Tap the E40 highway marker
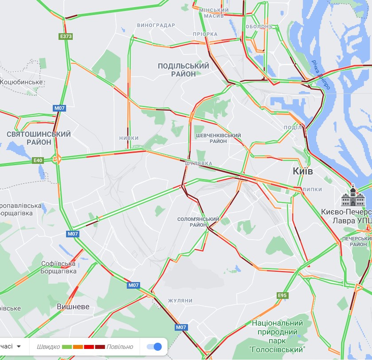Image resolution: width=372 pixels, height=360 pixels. pos(38,160)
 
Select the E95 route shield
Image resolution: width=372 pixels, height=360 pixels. pos(282,295)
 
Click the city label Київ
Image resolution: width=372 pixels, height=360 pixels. pos(303,171)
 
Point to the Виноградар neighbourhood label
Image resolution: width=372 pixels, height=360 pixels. pos(156,25)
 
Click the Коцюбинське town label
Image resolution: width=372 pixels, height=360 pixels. pos(21,82)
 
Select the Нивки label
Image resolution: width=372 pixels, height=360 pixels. pos(129,138)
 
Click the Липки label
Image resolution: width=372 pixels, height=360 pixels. pos(313,190)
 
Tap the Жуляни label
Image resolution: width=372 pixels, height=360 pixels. pos(180,301)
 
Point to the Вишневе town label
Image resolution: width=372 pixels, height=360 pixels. pos(73,307)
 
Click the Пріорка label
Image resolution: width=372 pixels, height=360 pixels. pos(205,34)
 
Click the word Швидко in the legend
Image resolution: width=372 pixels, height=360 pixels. pos(48,347)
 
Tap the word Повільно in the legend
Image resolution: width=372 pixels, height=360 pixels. pos(120,347)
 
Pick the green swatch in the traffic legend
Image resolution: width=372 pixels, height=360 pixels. pos(67,347)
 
